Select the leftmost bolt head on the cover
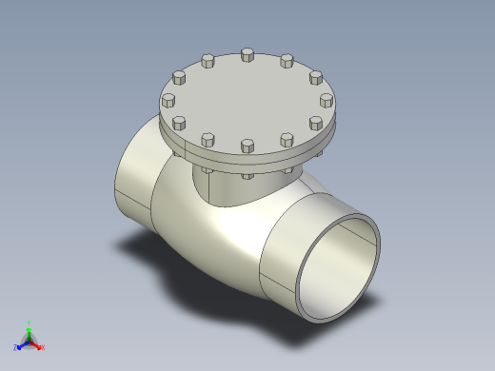(168, 99)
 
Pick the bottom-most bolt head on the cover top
(247, 145)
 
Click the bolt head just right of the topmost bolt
(287, 61)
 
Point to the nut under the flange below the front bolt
(247, 175)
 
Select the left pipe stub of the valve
(133, 181)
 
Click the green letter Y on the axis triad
(30, 322)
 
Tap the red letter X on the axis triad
(43, 347)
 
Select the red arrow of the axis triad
(37, 343)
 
